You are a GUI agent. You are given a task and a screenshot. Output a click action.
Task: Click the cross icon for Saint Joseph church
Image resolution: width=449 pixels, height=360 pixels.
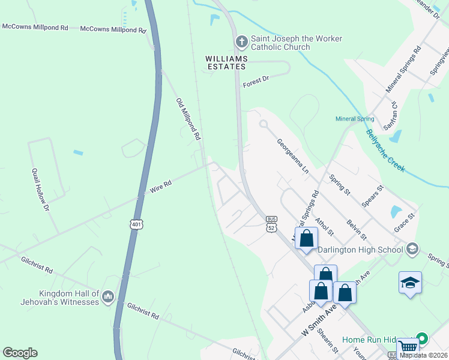(x=241, y=41)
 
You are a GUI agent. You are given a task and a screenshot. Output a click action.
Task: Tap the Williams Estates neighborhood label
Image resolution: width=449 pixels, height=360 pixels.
(x=225, y=62)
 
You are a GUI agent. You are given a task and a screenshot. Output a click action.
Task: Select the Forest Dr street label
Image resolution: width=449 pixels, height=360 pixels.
(x=256, y=82)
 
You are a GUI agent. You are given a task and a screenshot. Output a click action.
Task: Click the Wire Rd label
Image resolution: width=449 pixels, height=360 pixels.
(x=161, y=188)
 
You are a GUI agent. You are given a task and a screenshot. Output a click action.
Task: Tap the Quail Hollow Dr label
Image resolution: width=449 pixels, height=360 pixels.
(x=41, y=188)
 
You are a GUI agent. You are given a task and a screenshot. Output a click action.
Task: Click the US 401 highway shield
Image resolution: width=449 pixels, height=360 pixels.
(x=136, y=224)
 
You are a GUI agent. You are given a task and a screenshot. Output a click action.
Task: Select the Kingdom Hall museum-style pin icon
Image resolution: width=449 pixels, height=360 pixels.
(x=108, y=296)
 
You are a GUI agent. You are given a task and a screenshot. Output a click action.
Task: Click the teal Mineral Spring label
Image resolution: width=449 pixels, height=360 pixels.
(x=355, y=119)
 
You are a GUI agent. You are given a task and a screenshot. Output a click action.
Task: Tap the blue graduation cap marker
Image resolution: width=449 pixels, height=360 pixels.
(x=411, y=283)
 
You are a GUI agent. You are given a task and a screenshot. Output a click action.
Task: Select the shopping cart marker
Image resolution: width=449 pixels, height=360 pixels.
(x=408, y=347)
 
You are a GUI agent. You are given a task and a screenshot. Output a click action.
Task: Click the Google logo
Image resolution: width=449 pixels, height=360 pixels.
(x=20, y=353)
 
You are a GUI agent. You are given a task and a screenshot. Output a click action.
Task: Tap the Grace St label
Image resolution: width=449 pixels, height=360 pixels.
(x=405, y=221)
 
